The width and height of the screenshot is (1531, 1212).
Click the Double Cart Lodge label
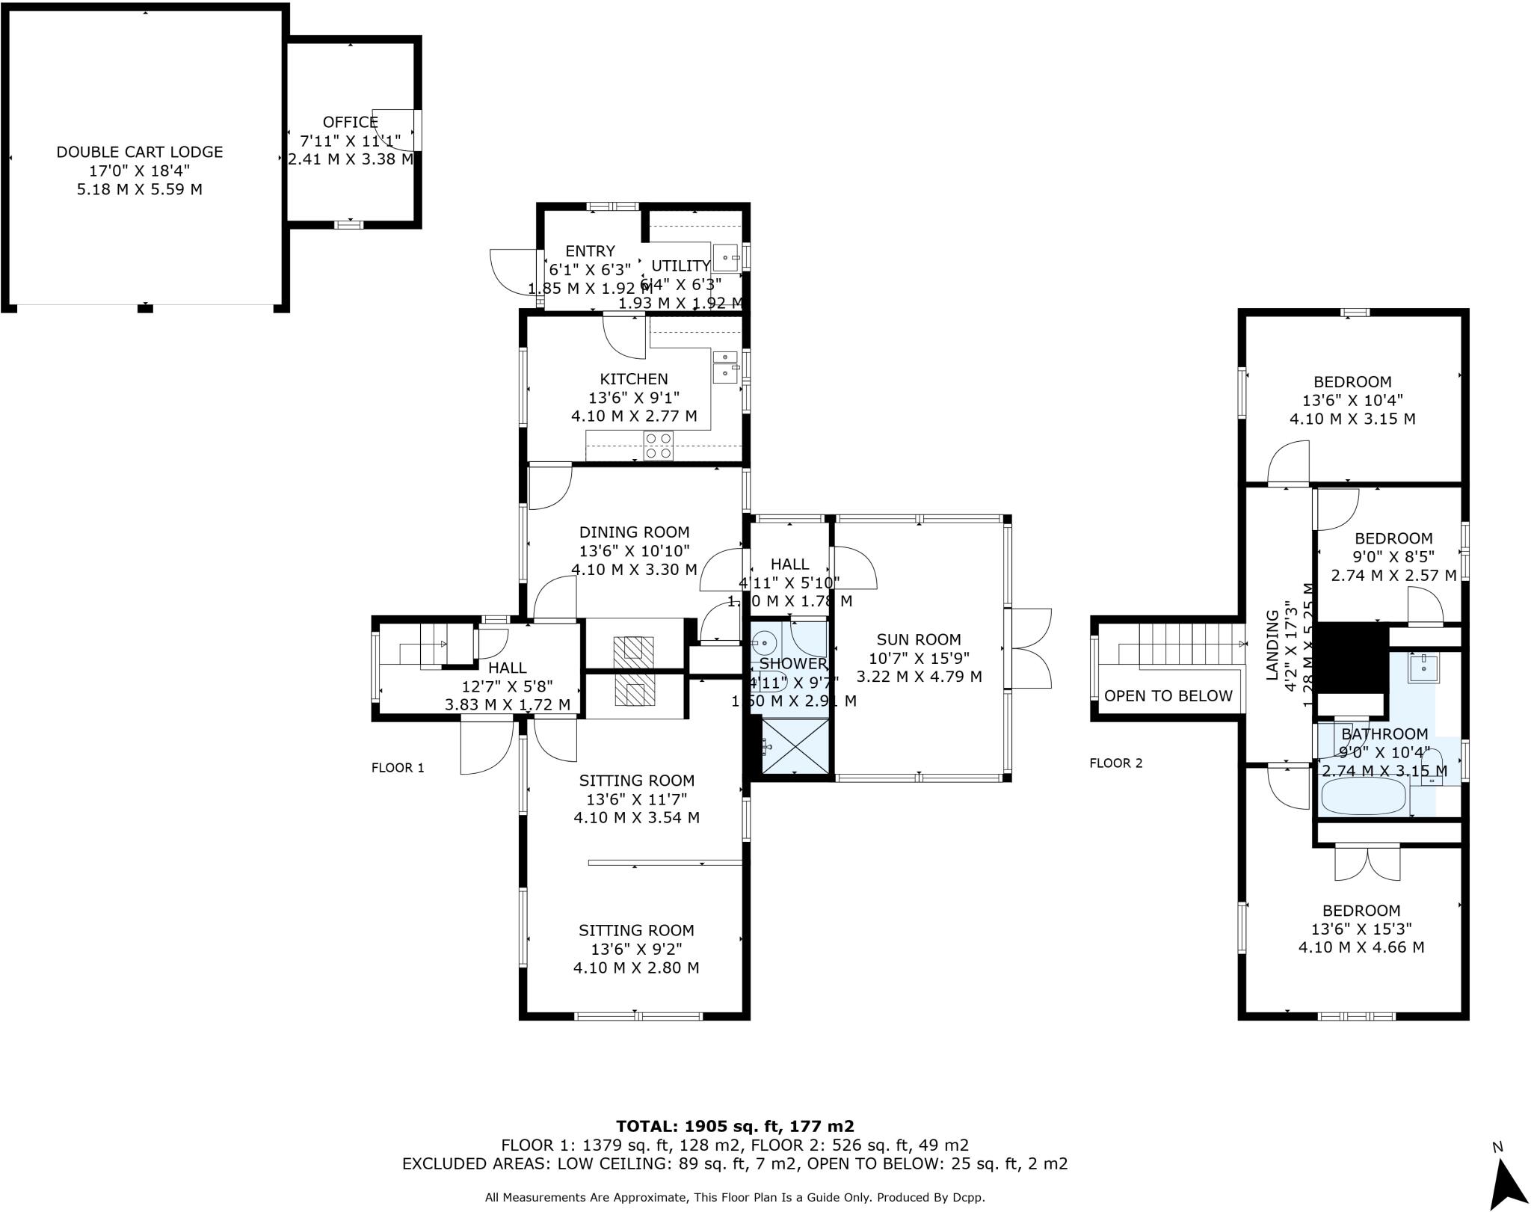pos(140,152)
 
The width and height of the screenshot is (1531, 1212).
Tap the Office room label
pos(350,122)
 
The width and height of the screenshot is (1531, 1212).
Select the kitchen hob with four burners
pos(659,446)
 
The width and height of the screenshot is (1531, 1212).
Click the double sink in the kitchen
pos(724,365)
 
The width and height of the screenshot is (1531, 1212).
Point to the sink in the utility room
pos(725,258)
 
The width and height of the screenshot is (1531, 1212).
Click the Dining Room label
pos(634,532)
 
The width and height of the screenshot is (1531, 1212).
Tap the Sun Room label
pos(918,639)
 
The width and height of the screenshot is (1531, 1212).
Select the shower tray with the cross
pos(795,745)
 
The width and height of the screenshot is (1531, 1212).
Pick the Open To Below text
pos(1168,696)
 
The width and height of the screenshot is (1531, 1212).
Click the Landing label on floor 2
pos(1272,645)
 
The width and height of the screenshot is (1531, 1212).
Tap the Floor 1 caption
pos(398,768)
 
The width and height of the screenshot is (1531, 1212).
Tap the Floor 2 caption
pos(1115,763)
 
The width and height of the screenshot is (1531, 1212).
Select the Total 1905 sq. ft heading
pos(734,1126)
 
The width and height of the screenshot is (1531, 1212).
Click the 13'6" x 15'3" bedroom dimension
pos(1361,929)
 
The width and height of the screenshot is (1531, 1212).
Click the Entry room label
pos(590,251)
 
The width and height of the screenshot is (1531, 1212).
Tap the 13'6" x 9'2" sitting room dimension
pos(635,949)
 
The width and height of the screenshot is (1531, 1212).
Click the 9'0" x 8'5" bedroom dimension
pos(1393,557)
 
